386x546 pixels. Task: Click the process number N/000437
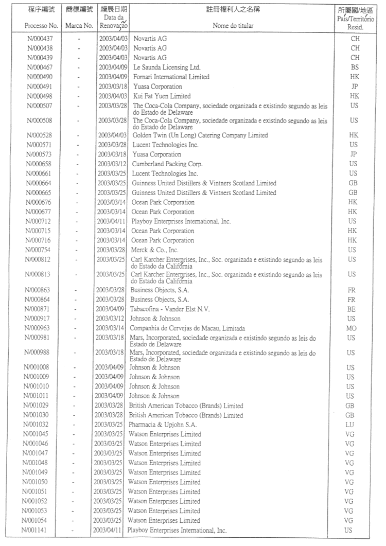click(x=45, y=39)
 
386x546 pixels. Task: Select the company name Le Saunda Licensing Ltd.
click(x=167, y=67)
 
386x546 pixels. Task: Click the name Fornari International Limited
click(x=171, y=77)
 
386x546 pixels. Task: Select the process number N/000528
click(x=45, y=135)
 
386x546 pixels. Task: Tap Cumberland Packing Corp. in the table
click(x=168, y=164)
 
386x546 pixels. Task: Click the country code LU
click(x=350, y=425)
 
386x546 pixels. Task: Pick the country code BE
click(x=352, y=309)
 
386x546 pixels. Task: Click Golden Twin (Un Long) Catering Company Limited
click(x=200, y=135)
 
